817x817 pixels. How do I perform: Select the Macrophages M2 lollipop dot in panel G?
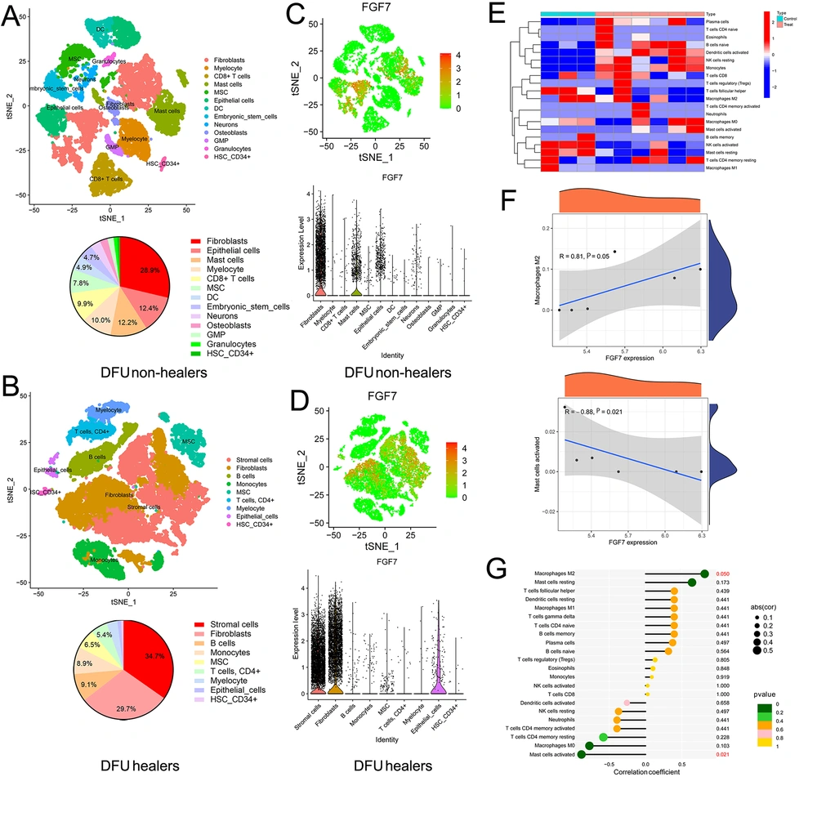coord(703,574)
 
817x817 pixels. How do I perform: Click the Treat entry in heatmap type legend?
coord(788,27)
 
